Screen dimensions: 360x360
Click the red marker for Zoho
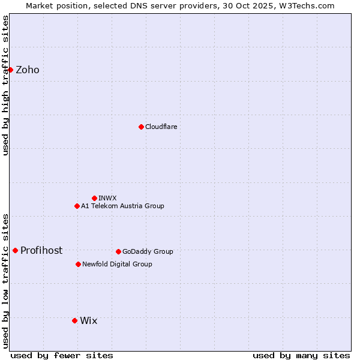coord(10,70)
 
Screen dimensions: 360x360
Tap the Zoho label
coord(28,70)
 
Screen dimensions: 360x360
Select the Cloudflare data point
coord(141,127)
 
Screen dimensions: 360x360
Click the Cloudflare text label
coord(161,127)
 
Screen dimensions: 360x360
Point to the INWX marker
coord(94,198)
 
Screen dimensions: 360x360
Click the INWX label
coord(107,198)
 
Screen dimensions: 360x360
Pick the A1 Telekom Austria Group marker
coord(77,206)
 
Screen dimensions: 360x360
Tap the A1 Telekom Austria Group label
coord(122,206)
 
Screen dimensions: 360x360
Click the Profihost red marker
coord(15,250)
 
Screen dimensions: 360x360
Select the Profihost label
coord(41,251)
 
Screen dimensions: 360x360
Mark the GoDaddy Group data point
coord(118,251)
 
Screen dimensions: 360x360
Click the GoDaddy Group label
coord(148,251)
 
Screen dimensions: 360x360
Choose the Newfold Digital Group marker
coord(78,264)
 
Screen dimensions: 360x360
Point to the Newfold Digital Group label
coord(117,264)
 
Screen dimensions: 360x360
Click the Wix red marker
coord(74,320)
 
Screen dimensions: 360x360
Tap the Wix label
coord(88,321)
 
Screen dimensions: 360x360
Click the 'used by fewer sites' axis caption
coord(62,355)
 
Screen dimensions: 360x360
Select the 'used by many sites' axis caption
coord(301,355)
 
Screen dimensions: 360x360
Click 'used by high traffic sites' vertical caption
coord(5,85)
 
